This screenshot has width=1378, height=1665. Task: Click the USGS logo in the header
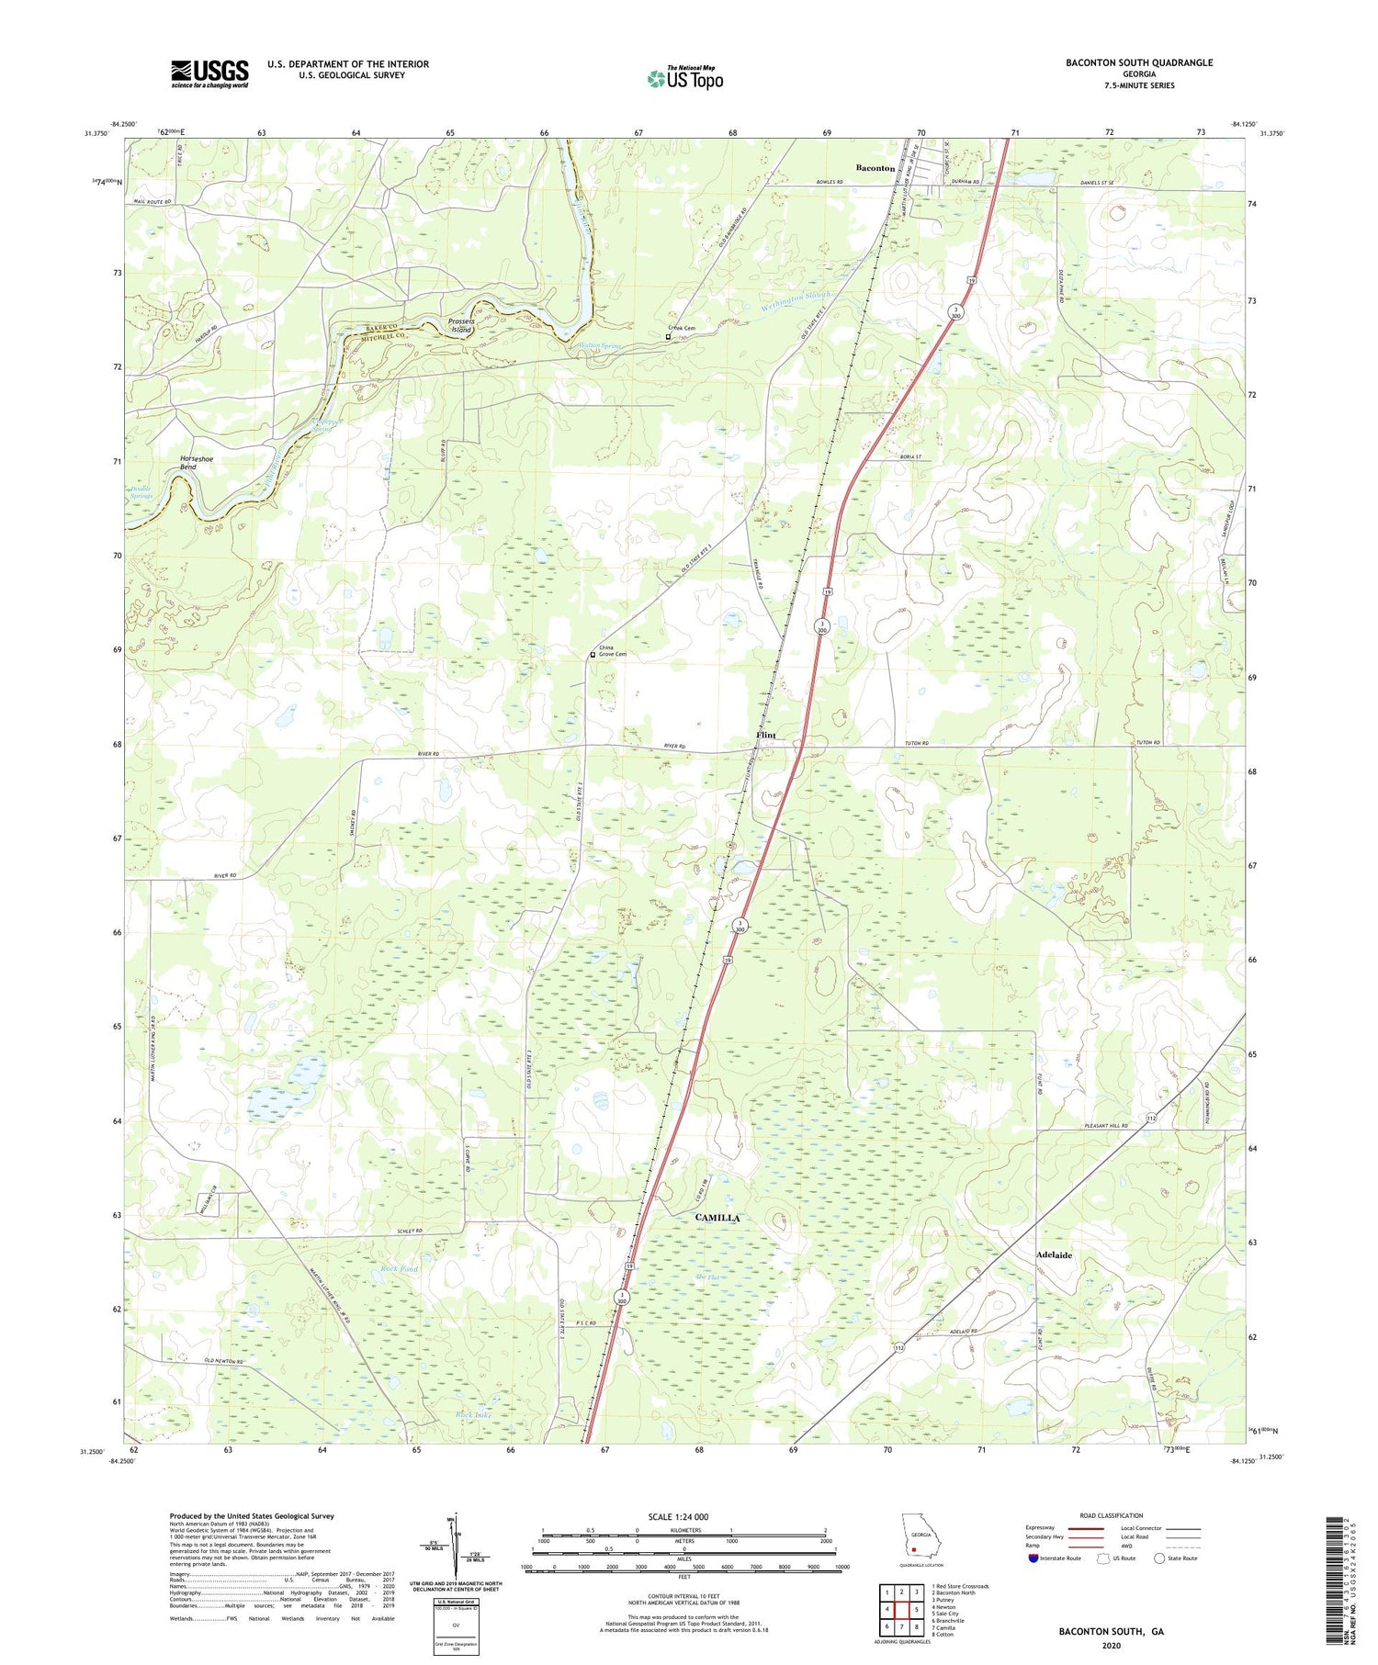[x=209, y=73]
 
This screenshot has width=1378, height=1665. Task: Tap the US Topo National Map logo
[x=684, y=78]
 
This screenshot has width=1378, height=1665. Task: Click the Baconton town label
[x=875, y=168]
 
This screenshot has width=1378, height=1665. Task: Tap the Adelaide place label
[x=1054, y=1254]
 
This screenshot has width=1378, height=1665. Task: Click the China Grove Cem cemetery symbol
[x=593, y=655]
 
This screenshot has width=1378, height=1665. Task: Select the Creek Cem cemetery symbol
[x=668, y=337]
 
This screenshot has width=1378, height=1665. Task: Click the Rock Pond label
[x=398, y=1269]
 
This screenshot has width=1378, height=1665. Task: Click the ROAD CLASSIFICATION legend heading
[x=1111, y=1515]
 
